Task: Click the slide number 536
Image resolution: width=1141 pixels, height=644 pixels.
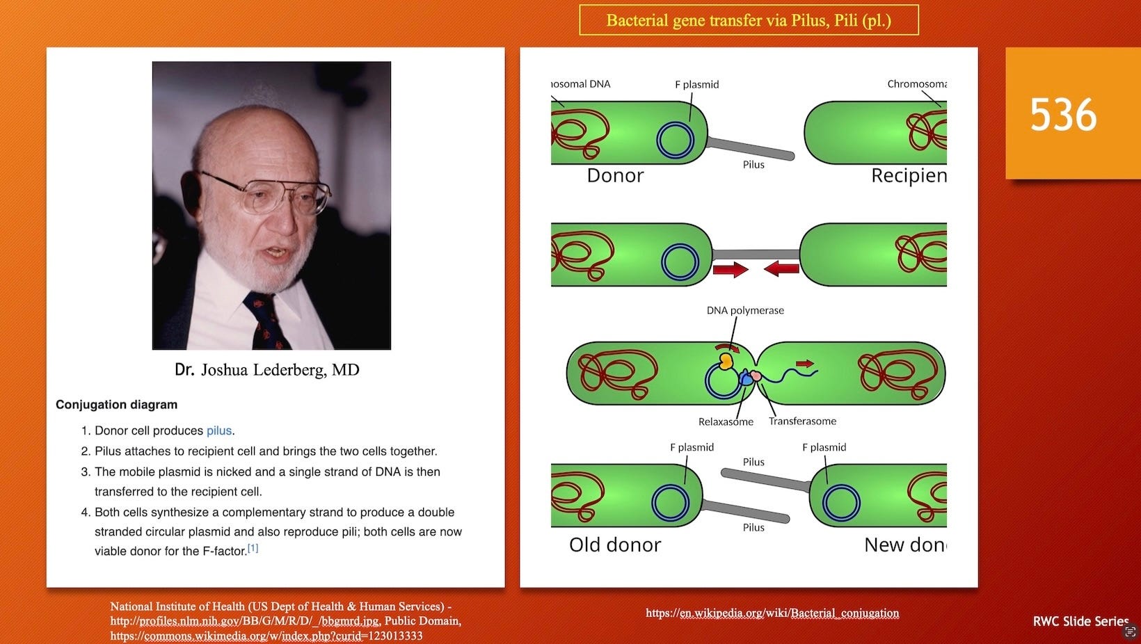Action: pyautogui.click(x=1063, y=115)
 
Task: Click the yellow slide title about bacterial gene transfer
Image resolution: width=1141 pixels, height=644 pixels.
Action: pyautogui.click(x=749, y=20)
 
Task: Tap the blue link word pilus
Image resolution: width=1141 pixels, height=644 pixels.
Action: pyautogui.click(x=219, y=430)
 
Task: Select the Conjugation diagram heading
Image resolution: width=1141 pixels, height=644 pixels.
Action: pyautogui.click(x=117, y=405)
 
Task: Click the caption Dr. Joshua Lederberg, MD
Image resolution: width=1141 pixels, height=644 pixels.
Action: pyautogui.click(x=267, y=369)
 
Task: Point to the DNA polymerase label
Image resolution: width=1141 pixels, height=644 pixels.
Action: pyautogui.click(x=745, y=311)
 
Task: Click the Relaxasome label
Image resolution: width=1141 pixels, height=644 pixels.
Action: pyautogui.click(x=726, y=422)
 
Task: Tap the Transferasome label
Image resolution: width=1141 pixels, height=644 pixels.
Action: pyautogui.click(x=802, y=421)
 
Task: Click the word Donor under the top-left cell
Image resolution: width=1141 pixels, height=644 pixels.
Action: pyautogui.click(x=615, y=176)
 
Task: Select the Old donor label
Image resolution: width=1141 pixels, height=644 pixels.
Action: pyautogui.click(x=615, y=545)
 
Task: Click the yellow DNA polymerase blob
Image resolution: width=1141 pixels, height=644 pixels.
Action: pyautogui.click(x=726, y=361)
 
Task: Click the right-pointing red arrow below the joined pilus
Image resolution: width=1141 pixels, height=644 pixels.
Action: pyautogui.click(x=731, y=269)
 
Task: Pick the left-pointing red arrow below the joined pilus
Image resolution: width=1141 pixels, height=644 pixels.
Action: pyautogui.click(x=781, y=268)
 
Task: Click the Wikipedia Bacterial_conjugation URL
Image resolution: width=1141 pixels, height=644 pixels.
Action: pyautogui.click(x=772, y=613)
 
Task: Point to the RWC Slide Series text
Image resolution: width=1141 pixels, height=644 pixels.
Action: pyautogui.click(x=1080, y=622)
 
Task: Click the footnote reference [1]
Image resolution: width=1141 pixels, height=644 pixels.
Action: pyautogui.click(x=253, y=548)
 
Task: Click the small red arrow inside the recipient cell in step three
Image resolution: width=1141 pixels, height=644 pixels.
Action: pyautogui.click(x=805, y=364)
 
